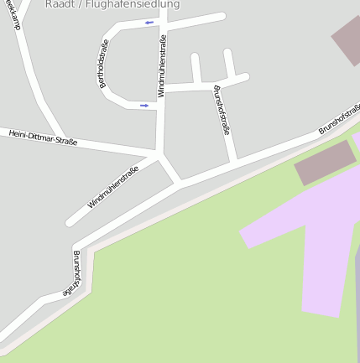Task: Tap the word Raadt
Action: pyautogui.click(x=60, y=4)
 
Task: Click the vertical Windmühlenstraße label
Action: pyautogui.click(x=160, y=60)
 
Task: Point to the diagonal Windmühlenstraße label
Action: pyautogui.click(x=112, y=185)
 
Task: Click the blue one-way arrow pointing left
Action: pyautogui.click(x=149, y=23)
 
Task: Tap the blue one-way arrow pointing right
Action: pyautogui.click(x=144, y=106)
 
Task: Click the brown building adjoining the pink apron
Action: pyautogui.click(x=326, y=163)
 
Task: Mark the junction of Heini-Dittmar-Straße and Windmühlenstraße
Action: pyautogui.click(x=158, y=153)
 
